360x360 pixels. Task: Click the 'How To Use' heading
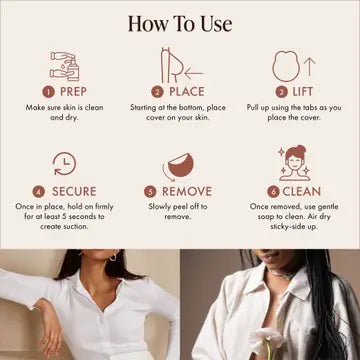click(x=180, y=22)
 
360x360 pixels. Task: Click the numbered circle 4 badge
click(x=38, y=190)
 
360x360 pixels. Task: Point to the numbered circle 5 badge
click(x=151, y=190)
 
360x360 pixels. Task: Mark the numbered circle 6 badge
click(x=273, y=190)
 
